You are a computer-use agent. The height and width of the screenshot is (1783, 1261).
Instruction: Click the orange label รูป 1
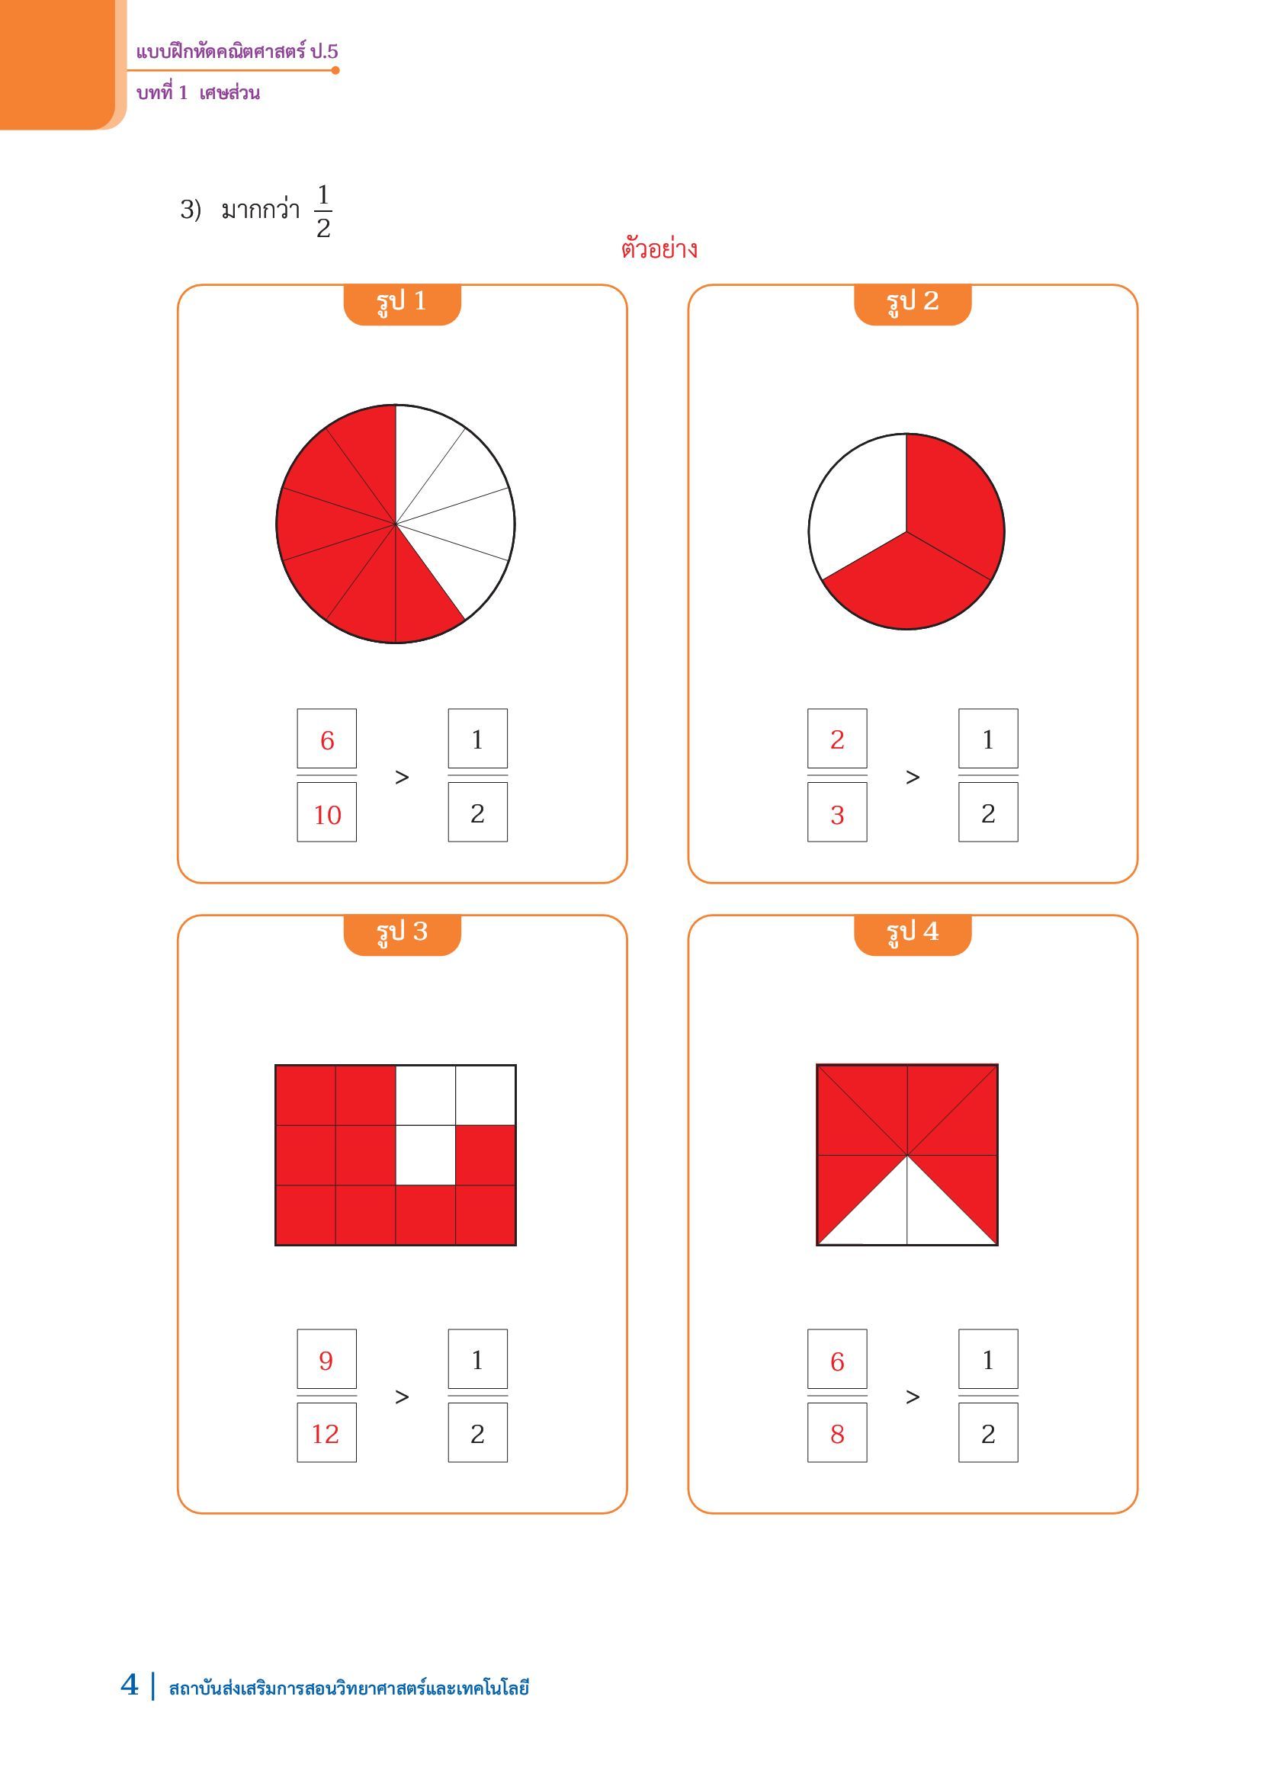click(x=402, y=303)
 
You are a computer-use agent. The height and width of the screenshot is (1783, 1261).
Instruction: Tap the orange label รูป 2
click(x=913, y=303)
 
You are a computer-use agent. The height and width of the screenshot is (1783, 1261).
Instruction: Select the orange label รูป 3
click(x=402, y=935)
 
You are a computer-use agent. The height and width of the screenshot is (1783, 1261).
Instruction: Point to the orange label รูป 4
click(x=913, y=935)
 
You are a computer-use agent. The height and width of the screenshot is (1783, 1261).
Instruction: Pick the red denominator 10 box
click(x=327, y=813)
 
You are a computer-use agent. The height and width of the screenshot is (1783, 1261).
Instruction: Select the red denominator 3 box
click(x=837, y=813)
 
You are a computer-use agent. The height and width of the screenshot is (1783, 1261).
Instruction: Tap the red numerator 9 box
click(x=327, y=1359)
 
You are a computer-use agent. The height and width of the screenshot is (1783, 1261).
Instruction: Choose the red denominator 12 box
click(x=327, y=1433)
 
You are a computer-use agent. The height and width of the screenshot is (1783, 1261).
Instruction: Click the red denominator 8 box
click(x=837, y=1433)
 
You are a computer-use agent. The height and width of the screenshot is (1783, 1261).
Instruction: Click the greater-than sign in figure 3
click(x=402, y=1397)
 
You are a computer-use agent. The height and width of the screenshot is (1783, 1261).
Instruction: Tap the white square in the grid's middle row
click(x=425, y=1156)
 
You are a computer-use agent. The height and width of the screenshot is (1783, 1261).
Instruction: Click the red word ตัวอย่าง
click(x=659, y=249)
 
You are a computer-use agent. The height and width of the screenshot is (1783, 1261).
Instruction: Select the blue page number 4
click(x=130, y=1685)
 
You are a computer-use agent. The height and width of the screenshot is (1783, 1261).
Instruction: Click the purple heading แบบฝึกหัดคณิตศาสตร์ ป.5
click(x=237, y=52)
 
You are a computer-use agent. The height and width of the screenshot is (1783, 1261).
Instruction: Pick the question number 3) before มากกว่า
click(x=191, y=210)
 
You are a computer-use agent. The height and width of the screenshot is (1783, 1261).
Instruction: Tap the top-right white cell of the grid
click(x=486, y=1095)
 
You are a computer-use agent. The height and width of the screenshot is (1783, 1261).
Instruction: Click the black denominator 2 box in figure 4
click(x=987, y=1433)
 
